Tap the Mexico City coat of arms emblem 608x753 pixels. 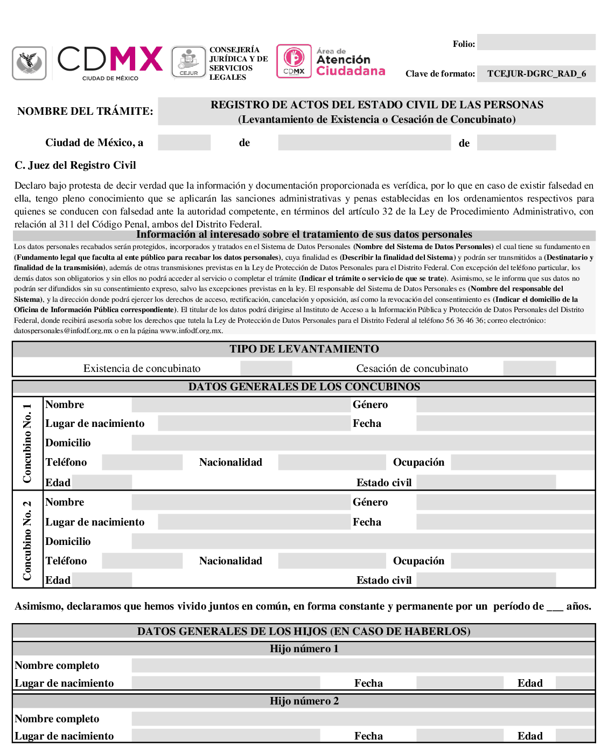coord(29,63)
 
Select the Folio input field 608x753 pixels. coord(536,43)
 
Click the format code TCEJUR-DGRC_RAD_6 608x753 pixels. coord(536,74)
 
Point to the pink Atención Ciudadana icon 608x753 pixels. coord(294,61)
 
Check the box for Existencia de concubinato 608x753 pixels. coord(266,368)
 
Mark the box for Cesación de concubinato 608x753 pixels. coord(529,368)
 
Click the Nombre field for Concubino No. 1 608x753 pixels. coord(241,405)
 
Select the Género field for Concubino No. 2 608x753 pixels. coord(505,502)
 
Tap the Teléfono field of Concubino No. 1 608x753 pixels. coord(142,462)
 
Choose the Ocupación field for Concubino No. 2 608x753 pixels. coord(522,561)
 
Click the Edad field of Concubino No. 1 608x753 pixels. coord(102,482)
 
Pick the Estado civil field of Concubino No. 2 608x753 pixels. coord(486,581)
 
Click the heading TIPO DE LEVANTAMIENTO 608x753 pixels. coord(304,349)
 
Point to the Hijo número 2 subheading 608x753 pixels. coord(304,701)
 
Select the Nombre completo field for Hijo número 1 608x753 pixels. coord(362,666)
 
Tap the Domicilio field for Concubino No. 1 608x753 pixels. coord(362,443)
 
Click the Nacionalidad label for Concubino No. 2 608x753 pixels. coord(230,561)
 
